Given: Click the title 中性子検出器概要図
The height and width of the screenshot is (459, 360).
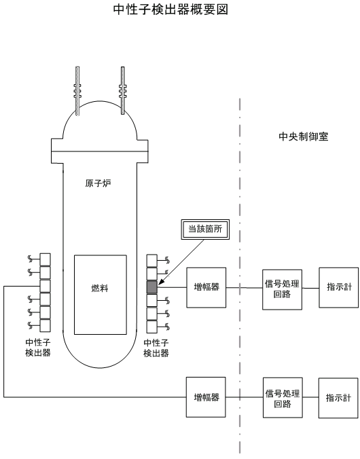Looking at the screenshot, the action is [x=170, y=10].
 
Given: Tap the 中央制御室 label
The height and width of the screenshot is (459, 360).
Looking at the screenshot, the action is [x=304, y=136].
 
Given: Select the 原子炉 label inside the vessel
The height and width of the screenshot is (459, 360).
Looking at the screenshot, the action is [x=98, y=183].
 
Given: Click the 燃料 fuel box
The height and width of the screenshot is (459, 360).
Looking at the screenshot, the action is [x=101, y=295].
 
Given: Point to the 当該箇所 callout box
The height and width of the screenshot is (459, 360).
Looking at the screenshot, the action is [x=205, y=229].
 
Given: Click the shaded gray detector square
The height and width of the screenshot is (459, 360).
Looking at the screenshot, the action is [x=152, y=287].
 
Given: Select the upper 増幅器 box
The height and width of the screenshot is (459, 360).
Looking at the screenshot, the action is [x=206, y=287].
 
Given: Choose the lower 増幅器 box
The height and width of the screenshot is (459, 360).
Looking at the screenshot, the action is [x=206, y=397].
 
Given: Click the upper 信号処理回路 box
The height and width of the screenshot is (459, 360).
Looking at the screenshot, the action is [x=282, y=289].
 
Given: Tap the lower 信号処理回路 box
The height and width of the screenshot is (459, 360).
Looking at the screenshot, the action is [x=283, y=397].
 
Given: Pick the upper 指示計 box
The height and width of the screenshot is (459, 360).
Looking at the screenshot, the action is [x=339, y=287].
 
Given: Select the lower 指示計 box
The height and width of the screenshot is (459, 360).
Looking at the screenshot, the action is [x=338, y=398].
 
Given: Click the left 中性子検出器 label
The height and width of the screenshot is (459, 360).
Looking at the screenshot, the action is [x=38, y=348].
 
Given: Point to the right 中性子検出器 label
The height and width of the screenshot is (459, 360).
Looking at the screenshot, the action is [x=156, y=348].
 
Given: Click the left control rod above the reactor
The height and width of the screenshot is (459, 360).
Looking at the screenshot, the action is [x=77, y=91].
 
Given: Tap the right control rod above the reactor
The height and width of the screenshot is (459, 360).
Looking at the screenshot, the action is [x=123, y=90].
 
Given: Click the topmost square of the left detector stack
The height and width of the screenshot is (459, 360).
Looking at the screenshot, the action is [x=45, y=259].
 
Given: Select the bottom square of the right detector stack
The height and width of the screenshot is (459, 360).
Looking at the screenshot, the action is [x=152, y=327].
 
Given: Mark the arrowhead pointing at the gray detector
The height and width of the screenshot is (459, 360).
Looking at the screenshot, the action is [x=160, y=282].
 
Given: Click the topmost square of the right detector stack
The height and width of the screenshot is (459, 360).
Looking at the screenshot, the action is [x=152, y=261].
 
